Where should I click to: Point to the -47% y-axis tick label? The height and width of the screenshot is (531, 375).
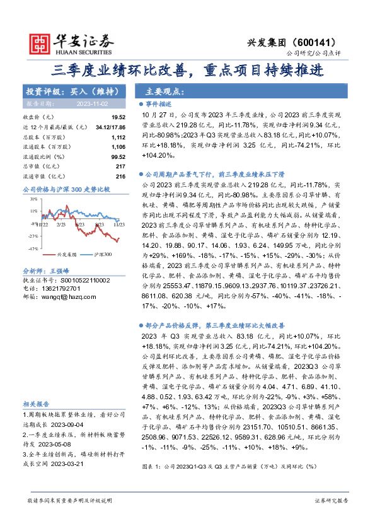click(x=32, y=248)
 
